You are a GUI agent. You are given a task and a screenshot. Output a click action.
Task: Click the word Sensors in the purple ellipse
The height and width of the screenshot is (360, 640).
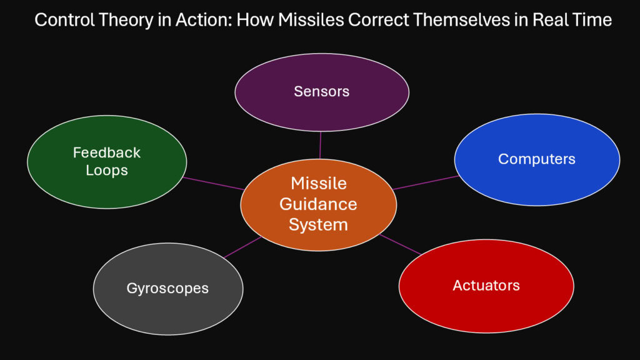pyautogui.click(x=321, y=91)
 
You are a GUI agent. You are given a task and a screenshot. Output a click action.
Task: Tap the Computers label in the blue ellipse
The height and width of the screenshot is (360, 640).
pyautogui.click(x=536, y=159)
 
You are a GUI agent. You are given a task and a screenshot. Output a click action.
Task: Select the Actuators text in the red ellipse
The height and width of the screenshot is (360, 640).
pyautogui.click(x=486, y=286)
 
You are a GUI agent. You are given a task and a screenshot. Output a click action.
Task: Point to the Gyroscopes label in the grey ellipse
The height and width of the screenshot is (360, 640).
pyautogui.click(x=167, y=288)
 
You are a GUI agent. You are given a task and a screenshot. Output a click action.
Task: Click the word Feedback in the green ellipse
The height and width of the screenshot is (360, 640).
pyautogui.click(x=107, y=152)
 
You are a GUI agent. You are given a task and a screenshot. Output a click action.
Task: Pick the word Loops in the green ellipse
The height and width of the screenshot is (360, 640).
pyautogui.click(x=107, y=169)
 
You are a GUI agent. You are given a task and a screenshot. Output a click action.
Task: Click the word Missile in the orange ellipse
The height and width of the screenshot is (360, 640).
pyautogui.click(x=318, y=184)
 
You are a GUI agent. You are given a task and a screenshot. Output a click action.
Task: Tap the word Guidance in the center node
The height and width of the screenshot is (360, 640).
pyautogui.click(x=318, y=204)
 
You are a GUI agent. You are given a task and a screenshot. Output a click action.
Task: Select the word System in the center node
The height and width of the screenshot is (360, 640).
pyautogui.click(x=318, y=224)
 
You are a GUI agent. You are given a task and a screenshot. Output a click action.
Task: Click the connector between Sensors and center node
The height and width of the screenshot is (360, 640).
pyautogui.click(x=320, y=145)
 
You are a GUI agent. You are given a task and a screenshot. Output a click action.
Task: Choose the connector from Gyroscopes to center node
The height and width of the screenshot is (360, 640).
pyautogui.click(x=242, y=247)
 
